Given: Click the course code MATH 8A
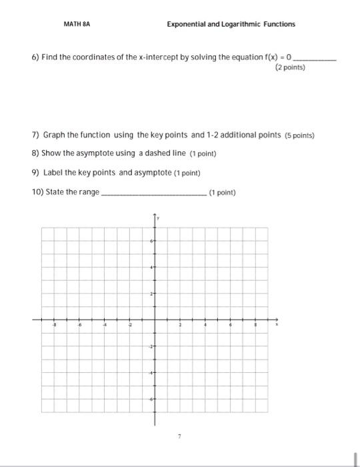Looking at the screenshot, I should pos(77,24).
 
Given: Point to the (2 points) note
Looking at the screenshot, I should pos(289,67).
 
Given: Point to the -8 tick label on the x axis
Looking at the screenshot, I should pos(55,326).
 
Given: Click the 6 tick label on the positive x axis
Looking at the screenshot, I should pos(231,326).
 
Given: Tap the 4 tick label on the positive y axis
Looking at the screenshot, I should pos(151,267).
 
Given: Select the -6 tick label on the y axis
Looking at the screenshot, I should pos(151,398).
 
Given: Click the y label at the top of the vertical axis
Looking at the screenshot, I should pos(158,217).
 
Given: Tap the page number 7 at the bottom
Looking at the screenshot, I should pos(179,435).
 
